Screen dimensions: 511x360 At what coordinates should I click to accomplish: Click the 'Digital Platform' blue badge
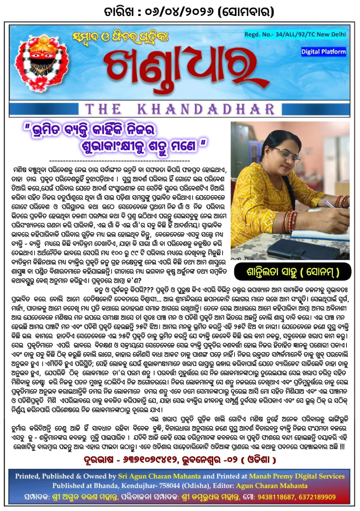tap(324, 51)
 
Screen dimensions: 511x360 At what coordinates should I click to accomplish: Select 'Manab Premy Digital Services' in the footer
tap(296, 476)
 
